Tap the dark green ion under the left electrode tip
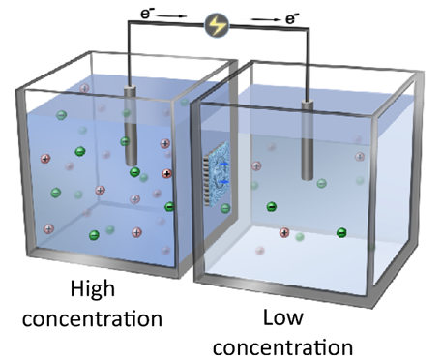click(x=134, y=173)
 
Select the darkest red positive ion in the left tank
click(x=167, y=174)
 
